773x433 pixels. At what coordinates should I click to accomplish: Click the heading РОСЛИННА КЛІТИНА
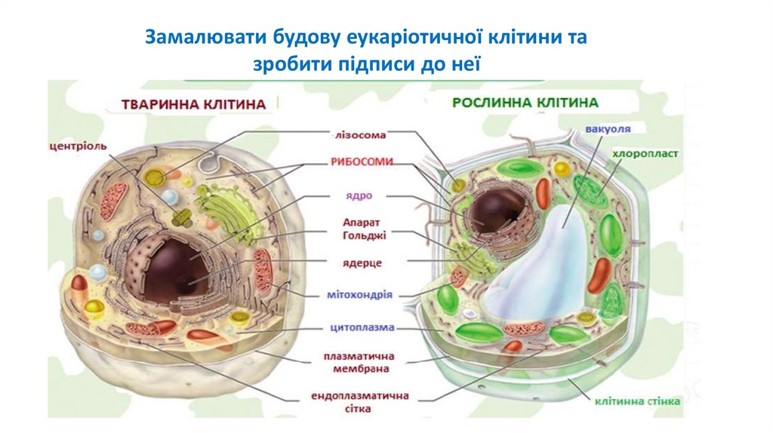(525, 102)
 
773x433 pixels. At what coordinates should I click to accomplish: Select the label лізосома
(360, 136)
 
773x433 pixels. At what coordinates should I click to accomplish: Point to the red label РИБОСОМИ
(361, 161)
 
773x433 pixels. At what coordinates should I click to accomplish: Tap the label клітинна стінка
(638, 401)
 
